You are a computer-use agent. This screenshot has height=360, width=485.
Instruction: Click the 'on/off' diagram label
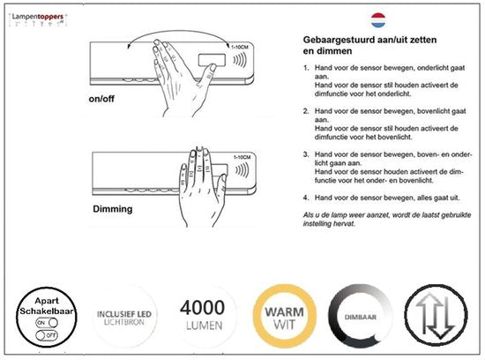109,98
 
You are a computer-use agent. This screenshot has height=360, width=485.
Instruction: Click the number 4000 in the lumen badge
203,308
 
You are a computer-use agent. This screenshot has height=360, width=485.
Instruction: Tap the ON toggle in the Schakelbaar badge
41,323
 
